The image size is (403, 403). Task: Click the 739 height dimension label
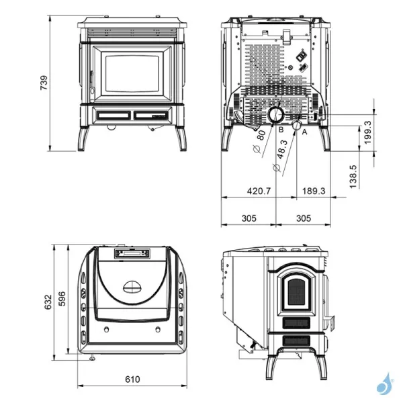[44, 83]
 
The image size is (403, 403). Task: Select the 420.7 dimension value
[259, 191]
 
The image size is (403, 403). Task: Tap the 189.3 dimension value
[314, 191]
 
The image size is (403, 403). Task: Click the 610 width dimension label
[132, 379]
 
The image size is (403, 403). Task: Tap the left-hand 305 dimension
[249, 218]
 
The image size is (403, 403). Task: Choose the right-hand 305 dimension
[304, 218]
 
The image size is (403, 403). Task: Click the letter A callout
[305, 132]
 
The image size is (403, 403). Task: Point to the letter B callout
[281, 129]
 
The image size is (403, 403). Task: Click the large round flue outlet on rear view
[275, 115]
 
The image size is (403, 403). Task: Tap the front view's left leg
[85, 138]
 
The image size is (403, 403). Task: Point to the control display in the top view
[132, 253]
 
